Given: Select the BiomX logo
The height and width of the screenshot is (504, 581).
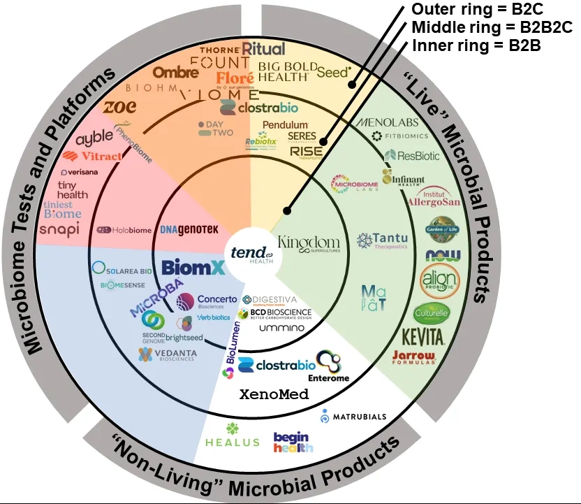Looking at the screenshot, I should [x=184, y=267].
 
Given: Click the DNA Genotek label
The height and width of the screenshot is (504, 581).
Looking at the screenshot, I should [x=179, y=229].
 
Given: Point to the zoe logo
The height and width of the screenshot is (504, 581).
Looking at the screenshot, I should [x=120, y=106].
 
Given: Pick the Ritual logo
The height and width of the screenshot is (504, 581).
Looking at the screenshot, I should [x=263, y=49].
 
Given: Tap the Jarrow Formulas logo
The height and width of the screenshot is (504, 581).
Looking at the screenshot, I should [x=413, y=359].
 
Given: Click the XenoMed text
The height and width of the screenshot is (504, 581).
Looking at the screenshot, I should [x=274, y=394].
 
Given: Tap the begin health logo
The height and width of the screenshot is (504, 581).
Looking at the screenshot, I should [x=293, y=442].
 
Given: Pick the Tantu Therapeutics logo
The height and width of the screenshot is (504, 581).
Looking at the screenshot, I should [x=381, y=241].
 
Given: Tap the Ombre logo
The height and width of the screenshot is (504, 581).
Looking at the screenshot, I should [x=171, y=72].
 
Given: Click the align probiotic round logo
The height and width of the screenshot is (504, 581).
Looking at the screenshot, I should [x=440, y=282].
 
